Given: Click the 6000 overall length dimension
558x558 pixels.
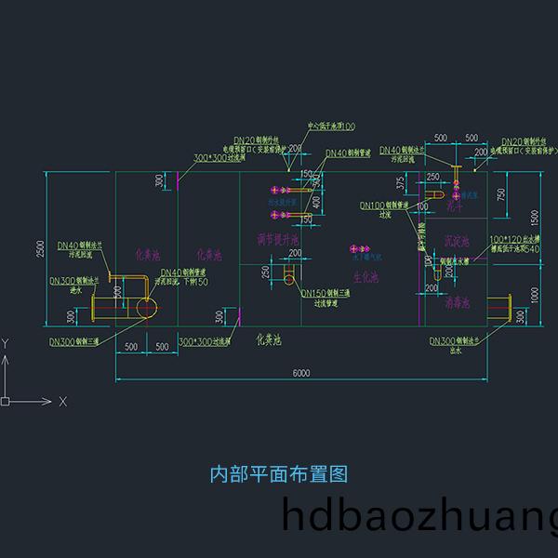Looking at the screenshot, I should pos(300,374).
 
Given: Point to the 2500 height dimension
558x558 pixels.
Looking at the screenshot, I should pos(40,249).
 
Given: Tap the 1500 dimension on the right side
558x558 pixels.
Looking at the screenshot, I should pos(534,216).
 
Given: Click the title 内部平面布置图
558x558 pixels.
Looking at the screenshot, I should pos(279,473).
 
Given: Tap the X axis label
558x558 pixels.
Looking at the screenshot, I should pos(62,402).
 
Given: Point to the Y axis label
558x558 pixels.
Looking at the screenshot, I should pos(6,343).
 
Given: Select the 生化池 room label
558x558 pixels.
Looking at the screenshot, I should pos(365,277).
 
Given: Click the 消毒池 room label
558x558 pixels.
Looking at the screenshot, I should pos(457,302).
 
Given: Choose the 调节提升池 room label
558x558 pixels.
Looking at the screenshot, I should pos(277,240).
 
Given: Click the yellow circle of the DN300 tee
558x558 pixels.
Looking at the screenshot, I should pos(146,308).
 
